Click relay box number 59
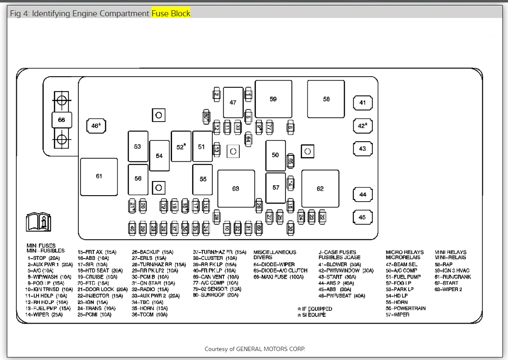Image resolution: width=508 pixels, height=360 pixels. pos(273,99)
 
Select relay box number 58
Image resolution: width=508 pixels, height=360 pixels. pos(326,99)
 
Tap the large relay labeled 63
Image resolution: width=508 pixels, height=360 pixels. pos(236,188)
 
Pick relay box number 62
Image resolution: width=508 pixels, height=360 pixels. pos(320,188)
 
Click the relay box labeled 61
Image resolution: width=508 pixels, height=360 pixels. pos(99,176)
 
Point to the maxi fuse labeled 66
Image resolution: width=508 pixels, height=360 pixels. pos(62,120)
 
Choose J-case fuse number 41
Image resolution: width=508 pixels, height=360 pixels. pos(362,103)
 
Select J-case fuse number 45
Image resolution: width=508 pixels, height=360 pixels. pos(362,217)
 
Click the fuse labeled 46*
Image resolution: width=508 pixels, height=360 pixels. pos(96,126)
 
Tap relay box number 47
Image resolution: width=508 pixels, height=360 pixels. pos(233,102)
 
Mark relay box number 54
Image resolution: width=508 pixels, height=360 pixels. pos(159,156)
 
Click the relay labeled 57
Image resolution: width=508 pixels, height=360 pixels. pos(276,187)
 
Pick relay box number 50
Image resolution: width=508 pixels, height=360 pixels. pos(275,155)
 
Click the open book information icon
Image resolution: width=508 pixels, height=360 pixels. pos(39,222)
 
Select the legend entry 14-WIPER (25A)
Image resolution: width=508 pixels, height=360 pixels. pos(44,315)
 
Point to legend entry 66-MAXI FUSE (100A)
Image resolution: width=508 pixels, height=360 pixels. pos(279,277)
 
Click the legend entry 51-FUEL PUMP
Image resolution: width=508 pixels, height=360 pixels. pos(403,277)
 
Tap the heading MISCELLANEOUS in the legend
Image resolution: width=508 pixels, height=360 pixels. pos(275,252)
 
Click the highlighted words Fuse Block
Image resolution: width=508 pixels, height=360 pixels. pos(171,13)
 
